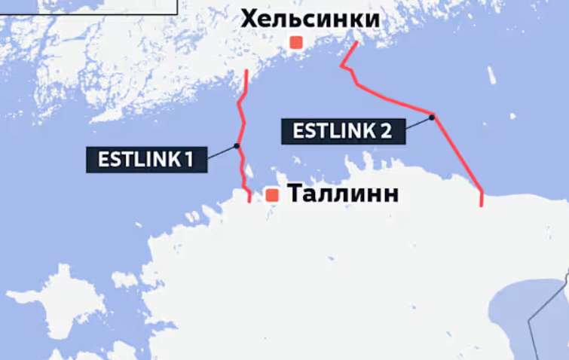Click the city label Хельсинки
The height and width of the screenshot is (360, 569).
point(310,18)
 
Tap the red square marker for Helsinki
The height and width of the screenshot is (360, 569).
point(296,43)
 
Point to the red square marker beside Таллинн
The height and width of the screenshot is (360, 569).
point(272,195)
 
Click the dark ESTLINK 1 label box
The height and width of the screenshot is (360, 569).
point(146,159)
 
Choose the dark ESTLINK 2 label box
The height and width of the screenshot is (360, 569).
point(342,130)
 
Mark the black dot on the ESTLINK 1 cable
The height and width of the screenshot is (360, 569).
point(237,146)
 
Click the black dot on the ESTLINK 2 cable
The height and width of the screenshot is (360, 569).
point(432,116)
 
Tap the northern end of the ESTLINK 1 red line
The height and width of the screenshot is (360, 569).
point(248,70)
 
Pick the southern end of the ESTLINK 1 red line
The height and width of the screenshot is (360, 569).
point(249,202)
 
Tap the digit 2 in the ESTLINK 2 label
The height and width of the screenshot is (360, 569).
point(386,131)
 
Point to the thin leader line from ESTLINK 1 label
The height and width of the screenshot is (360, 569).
point(222,153)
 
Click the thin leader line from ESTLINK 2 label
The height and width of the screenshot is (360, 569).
point(418,124)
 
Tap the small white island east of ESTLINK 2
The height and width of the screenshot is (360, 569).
point(492,75)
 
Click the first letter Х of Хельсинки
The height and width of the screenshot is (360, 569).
point(249,18)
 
